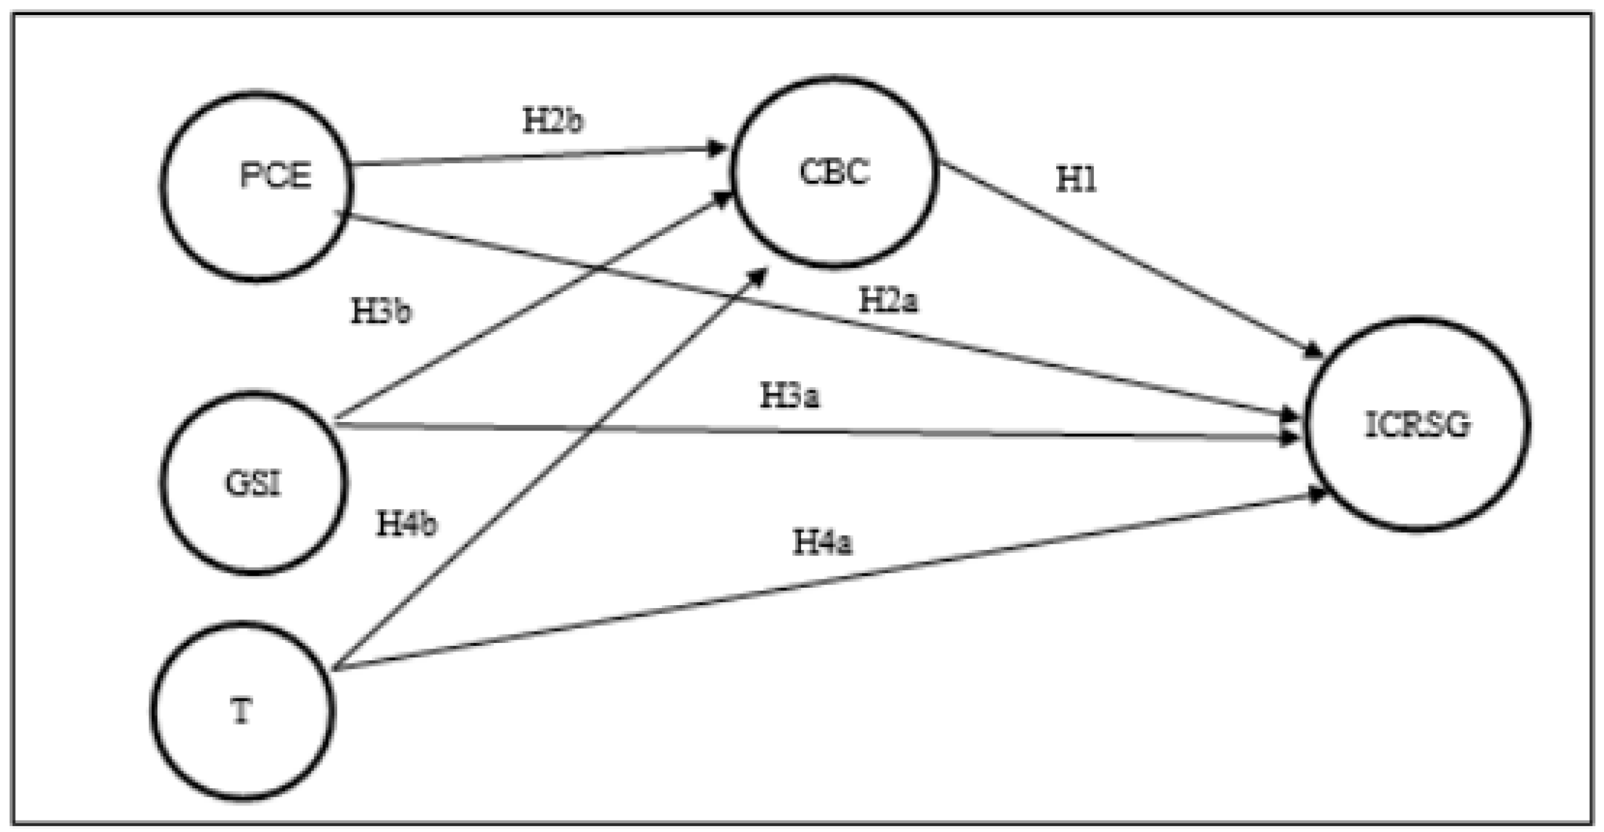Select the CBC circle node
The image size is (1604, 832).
834,172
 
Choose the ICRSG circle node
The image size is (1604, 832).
1417,425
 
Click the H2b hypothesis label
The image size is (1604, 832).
553,121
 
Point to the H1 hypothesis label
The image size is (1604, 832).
1076,180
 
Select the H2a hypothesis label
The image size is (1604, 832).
888,301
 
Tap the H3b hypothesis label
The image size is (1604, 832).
381,312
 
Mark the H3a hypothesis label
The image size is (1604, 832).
790,396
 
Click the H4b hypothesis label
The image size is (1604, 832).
407,523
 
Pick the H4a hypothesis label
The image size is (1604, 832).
822,543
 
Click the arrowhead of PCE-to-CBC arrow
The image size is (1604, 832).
718,149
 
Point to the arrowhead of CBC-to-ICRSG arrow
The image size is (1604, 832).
1314,351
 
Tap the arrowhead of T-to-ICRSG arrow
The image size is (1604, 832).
1317,495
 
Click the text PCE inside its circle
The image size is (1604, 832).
275,176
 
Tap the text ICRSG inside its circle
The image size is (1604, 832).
1417,426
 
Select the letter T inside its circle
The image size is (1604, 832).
242,711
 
